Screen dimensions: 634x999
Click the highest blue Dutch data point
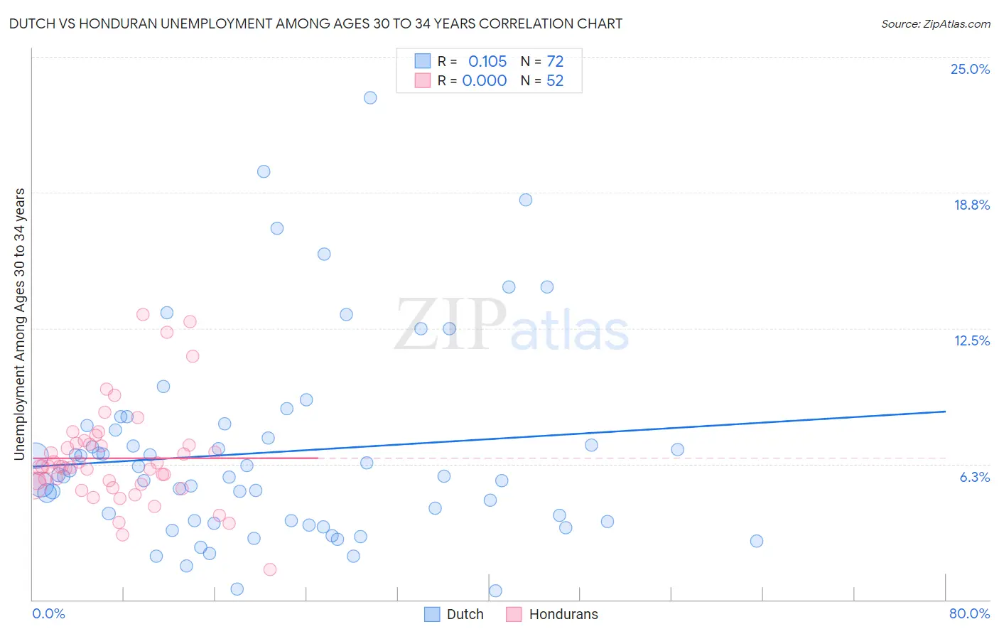point(370,98)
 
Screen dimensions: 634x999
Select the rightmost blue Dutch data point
point(757,541)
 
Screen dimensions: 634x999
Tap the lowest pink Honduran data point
point(270,569)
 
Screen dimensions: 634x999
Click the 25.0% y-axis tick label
point(970,69)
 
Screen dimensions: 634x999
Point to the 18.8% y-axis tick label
point(971,205)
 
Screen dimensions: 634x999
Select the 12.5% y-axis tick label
point(971,340)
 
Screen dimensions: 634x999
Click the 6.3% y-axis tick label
point(974,477)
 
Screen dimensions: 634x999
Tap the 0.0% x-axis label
point(48,613)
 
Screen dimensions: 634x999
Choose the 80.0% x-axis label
point(969,613)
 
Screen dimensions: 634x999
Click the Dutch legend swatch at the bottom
point(432,614)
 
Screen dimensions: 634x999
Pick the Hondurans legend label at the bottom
point(563,614)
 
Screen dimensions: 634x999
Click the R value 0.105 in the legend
point(487,62)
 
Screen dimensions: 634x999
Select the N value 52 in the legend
point(555,81)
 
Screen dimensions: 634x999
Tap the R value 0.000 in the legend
point(485,81)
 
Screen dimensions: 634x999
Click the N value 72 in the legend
point(555,62)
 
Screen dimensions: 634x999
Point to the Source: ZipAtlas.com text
point(935,24)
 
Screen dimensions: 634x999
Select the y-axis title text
point(20,323)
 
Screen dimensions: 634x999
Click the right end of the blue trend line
point(945,412)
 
